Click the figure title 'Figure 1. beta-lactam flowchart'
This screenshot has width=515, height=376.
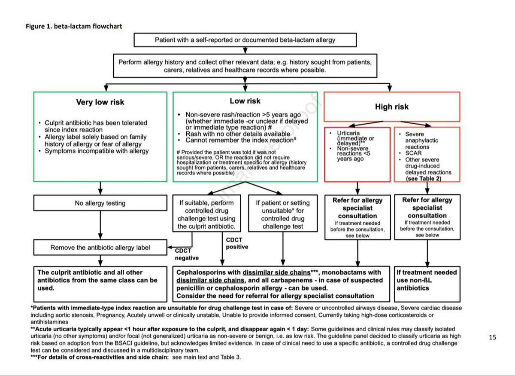[73, 26]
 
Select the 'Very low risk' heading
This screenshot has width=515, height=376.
[100, 102]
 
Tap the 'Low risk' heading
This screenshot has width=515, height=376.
[245, 101]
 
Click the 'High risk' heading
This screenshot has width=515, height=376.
[392, 107]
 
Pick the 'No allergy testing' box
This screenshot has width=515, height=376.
[100, 203]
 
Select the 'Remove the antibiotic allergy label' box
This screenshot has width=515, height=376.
[100, 248]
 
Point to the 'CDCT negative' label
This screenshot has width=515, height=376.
[187, 254]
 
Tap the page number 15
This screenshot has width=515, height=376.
[492, 337]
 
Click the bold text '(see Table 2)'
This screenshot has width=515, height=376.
[423, 178]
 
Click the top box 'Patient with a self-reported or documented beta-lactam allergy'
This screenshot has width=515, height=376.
[245, 40]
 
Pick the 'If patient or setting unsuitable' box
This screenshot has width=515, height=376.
[282, 214]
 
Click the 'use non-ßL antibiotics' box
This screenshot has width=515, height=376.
[427, 280]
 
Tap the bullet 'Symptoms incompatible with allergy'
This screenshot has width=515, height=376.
[97, 151]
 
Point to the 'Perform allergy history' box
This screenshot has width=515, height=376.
[245, 66]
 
